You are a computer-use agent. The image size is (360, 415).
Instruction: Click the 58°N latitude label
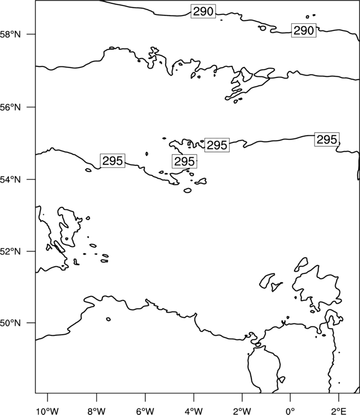(10, 34)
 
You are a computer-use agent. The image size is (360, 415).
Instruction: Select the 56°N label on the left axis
(10, 107)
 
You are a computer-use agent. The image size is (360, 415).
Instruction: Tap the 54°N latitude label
(10, 179)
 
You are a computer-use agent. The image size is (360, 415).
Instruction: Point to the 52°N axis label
(10, 251)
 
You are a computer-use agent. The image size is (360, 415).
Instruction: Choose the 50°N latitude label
(10, 323)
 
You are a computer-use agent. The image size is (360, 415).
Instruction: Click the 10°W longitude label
(48, 411)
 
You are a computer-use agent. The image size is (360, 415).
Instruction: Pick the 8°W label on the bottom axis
(96, 411)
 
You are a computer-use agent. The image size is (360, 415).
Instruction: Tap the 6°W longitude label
(145, 411)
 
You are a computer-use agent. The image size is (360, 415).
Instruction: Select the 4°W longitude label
(194, 411)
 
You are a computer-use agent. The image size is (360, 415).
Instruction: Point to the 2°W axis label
(242, 411)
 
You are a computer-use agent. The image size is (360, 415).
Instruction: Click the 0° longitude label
(290, 411)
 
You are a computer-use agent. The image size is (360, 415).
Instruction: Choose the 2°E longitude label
(338, 411)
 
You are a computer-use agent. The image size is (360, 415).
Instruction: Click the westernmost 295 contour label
(112, 160)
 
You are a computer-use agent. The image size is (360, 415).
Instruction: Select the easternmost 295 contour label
(327, 139)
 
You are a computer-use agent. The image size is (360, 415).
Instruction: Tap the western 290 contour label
(203, 11)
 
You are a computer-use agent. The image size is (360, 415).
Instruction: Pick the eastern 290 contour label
(304, 30)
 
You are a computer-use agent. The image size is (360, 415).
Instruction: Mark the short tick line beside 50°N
(31, 323)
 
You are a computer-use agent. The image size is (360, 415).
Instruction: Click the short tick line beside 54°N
(31, 179)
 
